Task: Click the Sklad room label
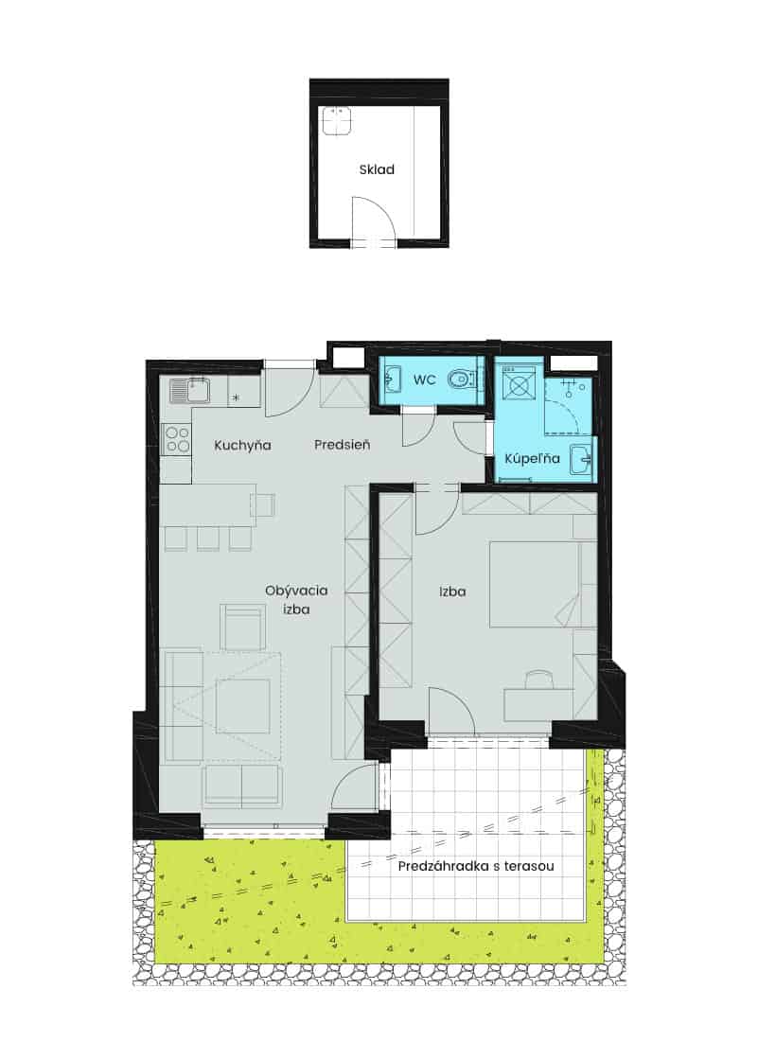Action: pos(377,169)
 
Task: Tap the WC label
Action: pos(425,380)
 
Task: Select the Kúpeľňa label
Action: pos(532,458)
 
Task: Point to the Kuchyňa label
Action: pos(242,445)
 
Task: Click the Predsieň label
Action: pos(343,445)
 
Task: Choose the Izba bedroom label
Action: pos(452,591)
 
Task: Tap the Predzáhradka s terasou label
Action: pos(476,866)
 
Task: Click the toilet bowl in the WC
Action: pos(462,380)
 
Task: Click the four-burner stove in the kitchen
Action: pos(177,438)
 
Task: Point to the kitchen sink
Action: pos(190,391)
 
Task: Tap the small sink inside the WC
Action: pos(391,380)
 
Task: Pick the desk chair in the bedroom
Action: pos(538,680)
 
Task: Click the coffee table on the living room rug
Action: pos(242,706)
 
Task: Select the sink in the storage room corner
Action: pos(337,121)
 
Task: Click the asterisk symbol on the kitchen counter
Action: pos(235,398)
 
